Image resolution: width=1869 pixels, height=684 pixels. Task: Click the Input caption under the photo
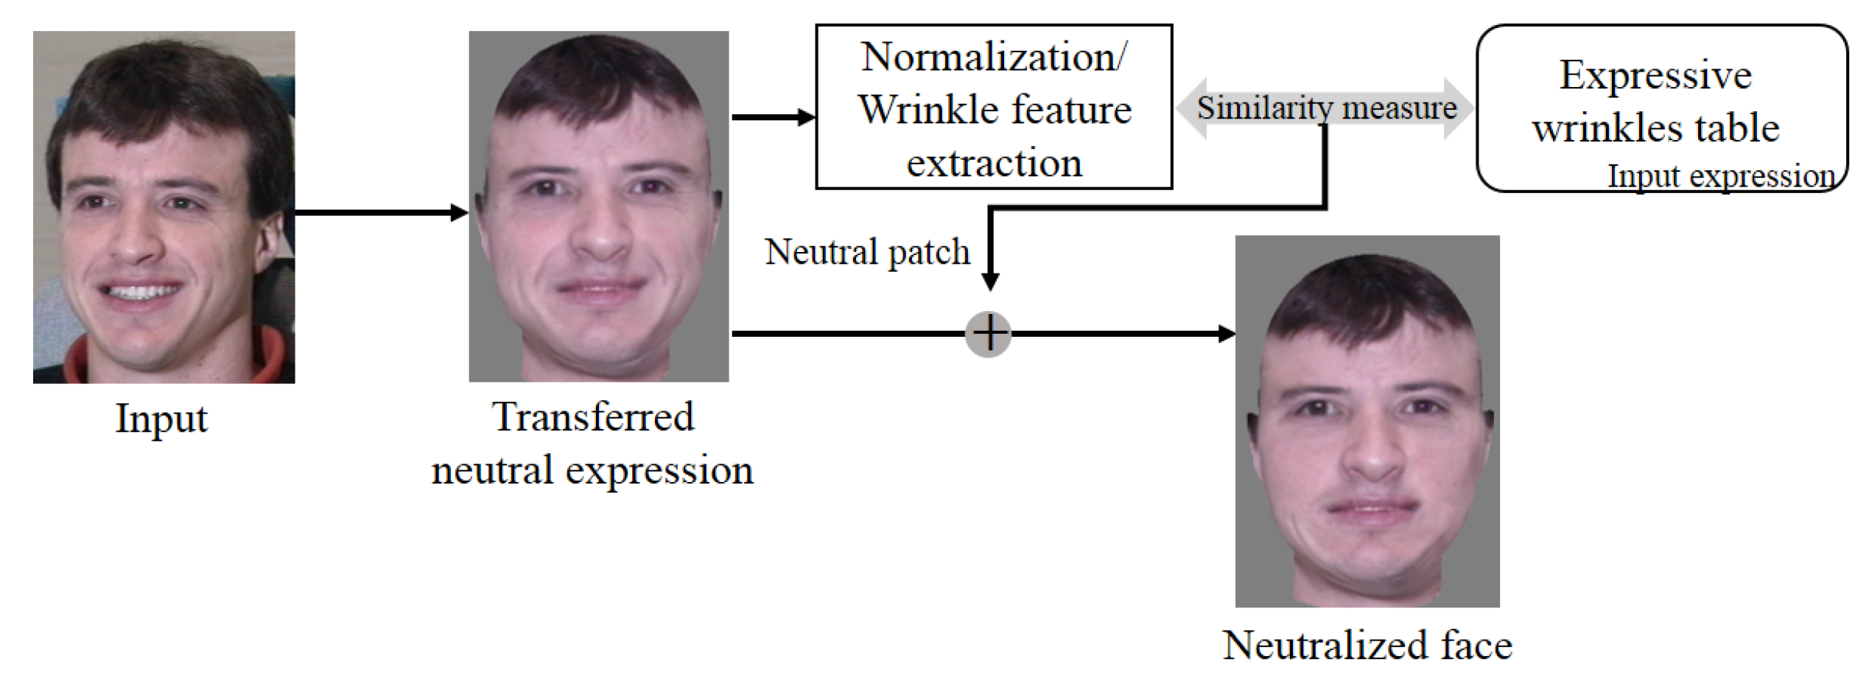coord(161,419)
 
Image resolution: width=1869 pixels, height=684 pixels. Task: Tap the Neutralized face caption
coord(1367,646)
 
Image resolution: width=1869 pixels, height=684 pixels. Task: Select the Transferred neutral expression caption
coord(593,443)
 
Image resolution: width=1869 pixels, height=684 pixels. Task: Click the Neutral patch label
coord(867,252)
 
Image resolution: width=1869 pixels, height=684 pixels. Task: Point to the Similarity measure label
coord(1326,108)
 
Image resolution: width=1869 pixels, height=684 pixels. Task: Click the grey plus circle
coord(989,334)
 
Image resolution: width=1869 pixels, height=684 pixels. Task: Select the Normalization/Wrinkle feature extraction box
coord(994,107)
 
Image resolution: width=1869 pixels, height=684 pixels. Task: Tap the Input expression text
coord(1721,177)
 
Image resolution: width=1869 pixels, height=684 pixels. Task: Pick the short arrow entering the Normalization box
coord(774,116)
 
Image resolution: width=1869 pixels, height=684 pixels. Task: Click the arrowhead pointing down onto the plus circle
coord(991,281)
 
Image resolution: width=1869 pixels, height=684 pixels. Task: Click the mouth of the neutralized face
coord(1372,509)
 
